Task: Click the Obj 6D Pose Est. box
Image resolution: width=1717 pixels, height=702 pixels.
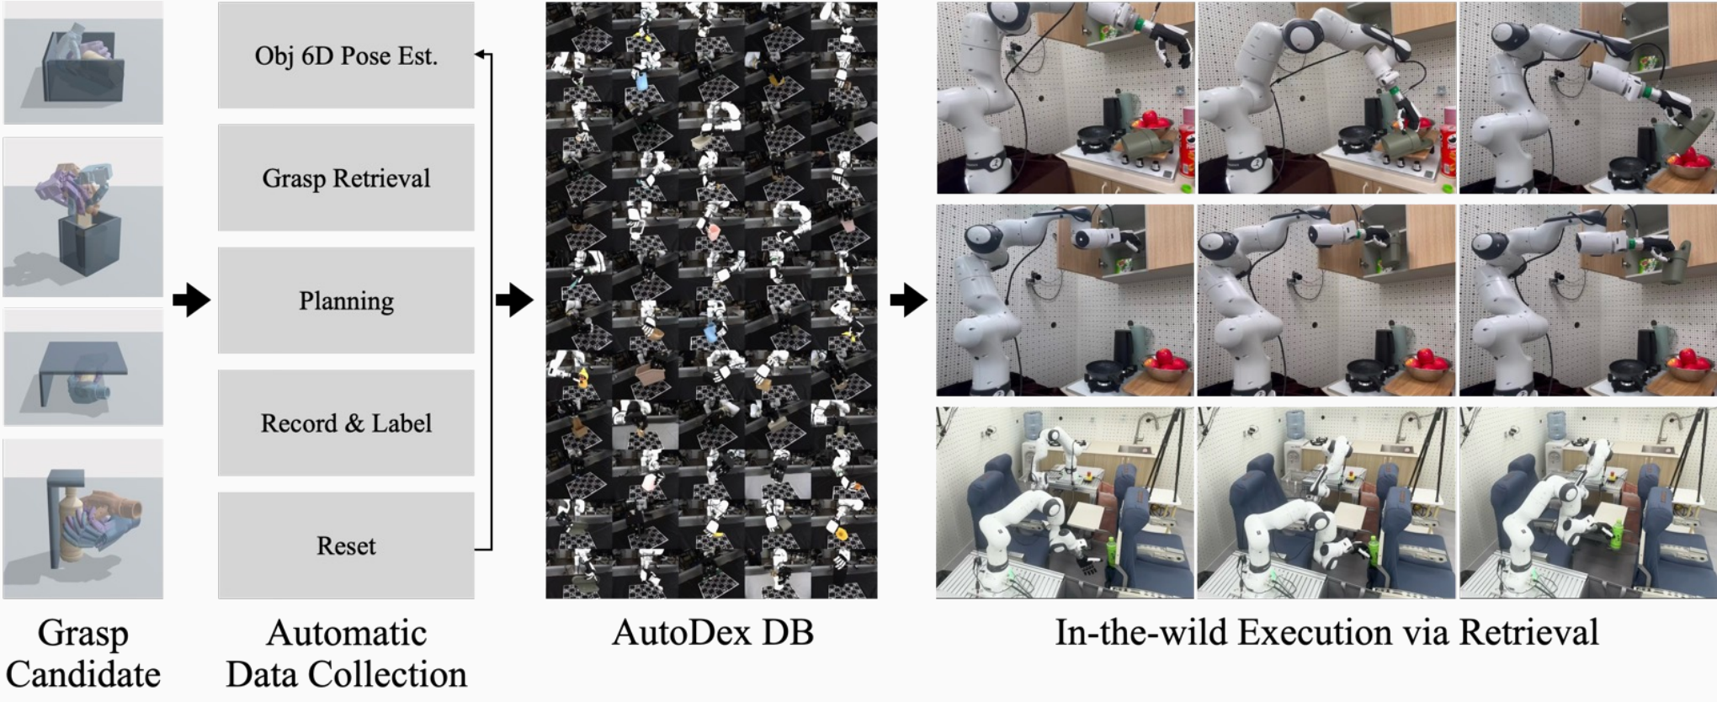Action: pos(346,56)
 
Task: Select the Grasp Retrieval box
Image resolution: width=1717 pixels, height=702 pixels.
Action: pos(346,178)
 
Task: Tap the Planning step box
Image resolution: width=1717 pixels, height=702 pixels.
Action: pos(346,300)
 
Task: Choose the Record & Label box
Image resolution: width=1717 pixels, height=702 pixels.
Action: pos(346,423)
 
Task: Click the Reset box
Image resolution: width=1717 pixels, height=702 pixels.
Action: pos(346,545)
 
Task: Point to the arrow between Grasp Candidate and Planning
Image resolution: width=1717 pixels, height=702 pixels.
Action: pos(191,300)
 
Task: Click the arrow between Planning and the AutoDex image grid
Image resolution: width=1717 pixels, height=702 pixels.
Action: pos(514,300)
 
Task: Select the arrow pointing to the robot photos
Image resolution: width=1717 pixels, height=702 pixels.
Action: pos(908,300)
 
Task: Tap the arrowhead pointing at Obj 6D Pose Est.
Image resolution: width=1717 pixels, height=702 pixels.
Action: pos(480,55)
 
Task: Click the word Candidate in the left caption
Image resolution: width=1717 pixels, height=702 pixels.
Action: pos(82,675)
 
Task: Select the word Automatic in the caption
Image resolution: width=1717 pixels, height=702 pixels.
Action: pos(346,633)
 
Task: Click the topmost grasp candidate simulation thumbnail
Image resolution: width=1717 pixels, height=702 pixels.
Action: pos(83,63)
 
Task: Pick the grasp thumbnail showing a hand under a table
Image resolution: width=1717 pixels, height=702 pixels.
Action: pos(83,367)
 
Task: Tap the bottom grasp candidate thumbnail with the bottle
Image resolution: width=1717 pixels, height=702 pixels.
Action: pos(83,519)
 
